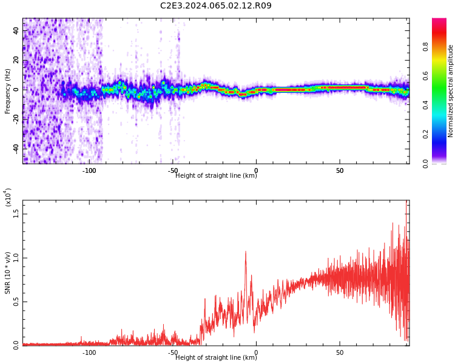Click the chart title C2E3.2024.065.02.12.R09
[x=216, y=6]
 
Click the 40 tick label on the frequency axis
[x=17, y=31]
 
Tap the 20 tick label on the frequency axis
[x=17, y=60]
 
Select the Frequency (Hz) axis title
[x=7, y=91]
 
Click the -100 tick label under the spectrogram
[x=89, y=170]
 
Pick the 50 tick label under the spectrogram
[x=340, y=170]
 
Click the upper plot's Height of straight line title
[x=216, y=176]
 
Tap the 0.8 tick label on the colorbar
[x=442, y=46]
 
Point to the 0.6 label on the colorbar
[x=442, y=75]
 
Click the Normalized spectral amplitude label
[x=451, y=91]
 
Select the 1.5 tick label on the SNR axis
[x=17, y=214]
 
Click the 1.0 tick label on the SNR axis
[x=17, y=257]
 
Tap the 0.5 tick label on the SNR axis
[x=17, y=302]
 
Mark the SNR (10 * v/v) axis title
[x=7, y=273]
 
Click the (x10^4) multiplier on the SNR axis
[x=7, y=198]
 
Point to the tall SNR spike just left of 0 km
[x=246, y=252]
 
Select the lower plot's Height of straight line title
[x=216, y=358]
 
